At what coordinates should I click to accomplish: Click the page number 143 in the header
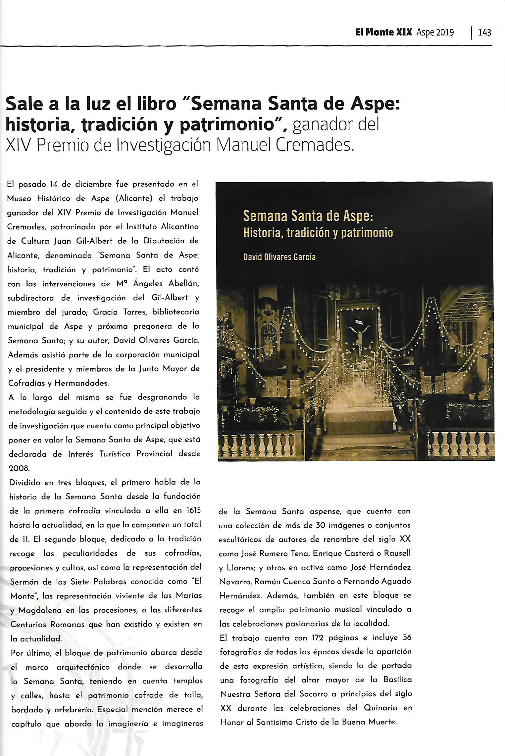coord(484,32)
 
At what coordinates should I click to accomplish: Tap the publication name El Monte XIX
coord(383,32)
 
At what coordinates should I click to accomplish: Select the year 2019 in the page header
coord(445,32)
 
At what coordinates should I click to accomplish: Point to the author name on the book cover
coord(279,257)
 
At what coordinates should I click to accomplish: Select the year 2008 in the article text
coord(19,468)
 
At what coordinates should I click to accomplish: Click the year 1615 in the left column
coord(193,510)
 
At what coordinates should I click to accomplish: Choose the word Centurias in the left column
coord(30,625)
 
